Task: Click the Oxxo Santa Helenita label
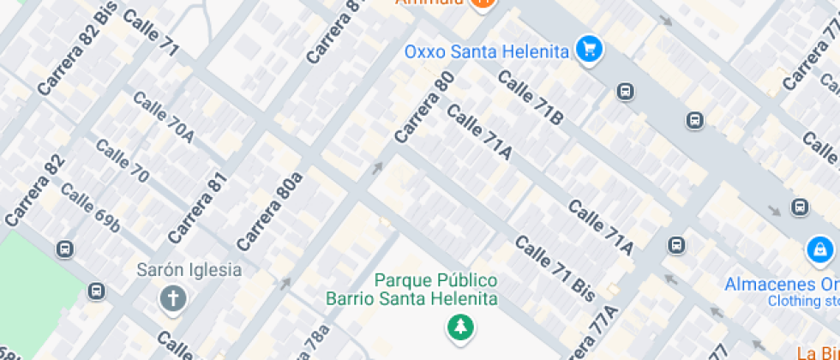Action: point(486,51)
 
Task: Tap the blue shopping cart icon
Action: point(589,49)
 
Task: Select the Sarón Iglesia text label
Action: point(189,270)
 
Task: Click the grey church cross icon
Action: point(173,298)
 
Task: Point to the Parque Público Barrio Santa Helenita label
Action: point(411,290)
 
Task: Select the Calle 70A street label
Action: point(164,117)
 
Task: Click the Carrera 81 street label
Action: point(199,207)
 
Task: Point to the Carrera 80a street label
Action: point(270,211)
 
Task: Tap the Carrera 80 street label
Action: point(424,107)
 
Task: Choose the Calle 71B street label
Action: point(531,99)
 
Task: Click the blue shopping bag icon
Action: point(820,250)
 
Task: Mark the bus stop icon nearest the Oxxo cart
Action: point(626,91)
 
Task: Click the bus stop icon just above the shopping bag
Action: point(800,207)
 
